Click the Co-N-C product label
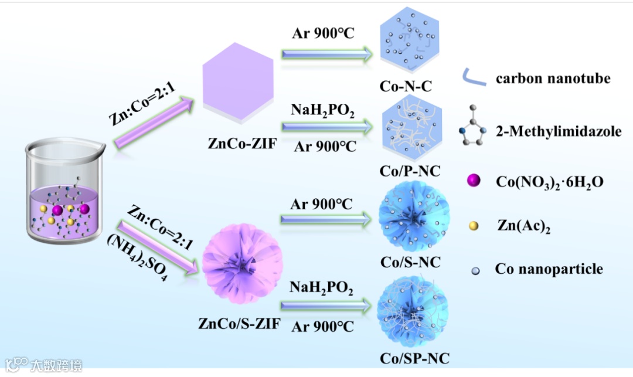(406, 87)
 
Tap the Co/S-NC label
(410, 262)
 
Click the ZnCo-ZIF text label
(239, 142)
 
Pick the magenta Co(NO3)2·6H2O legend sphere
(474, 182)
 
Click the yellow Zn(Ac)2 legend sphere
(474, 226)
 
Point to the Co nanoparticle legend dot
(474, 270)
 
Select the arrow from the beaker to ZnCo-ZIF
(154, 123)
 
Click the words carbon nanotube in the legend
(553, 79)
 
